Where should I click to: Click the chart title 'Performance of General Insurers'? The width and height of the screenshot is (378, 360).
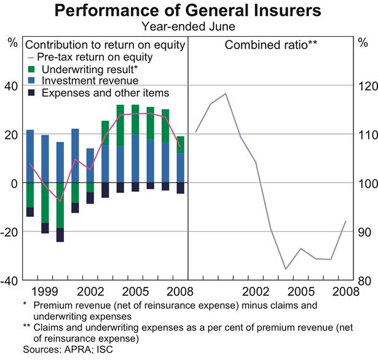[x=189, y=10]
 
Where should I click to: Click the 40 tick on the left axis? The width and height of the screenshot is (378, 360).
[x=11, y=87]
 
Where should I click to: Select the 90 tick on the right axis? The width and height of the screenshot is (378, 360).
[x=364, y=232]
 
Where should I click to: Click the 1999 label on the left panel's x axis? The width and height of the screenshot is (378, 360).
[x=45, y=290]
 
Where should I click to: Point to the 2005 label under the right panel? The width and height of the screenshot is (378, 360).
[x=301, y=290]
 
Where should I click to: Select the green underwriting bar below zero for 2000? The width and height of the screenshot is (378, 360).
[x=60, y=205]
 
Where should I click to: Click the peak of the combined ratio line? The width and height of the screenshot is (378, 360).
[x=226, y=93]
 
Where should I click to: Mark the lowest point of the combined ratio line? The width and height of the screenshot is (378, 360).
[x=286, y=269]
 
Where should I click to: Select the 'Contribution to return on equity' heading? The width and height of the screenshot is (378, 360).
[x=104, y=45]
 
